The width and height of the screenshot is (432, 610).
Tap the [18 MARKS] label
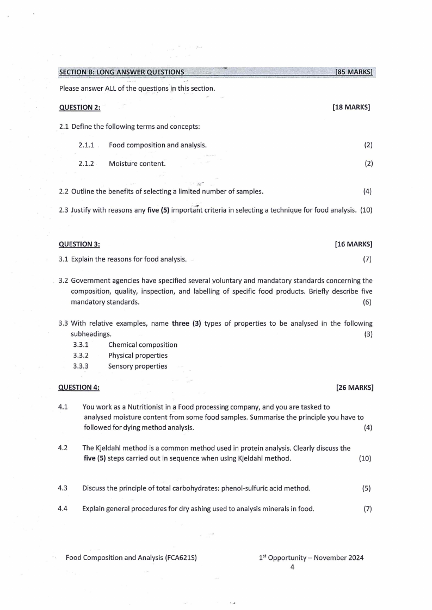coord(351,108)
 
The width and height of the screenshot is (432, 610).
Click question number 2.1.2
coord(87,163)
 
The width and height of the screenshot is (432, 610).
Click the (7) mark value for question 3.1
coord(367,259)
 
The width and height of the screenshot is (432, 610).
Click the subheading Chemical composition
coord(143,345)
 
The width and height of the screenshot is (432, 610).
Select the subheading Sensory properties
coord(138,366)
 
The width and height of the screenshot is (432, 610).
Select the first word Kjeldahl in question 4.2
coord(109,449)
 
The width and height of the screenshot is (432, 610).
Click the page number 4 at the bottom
coord(292,567)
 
